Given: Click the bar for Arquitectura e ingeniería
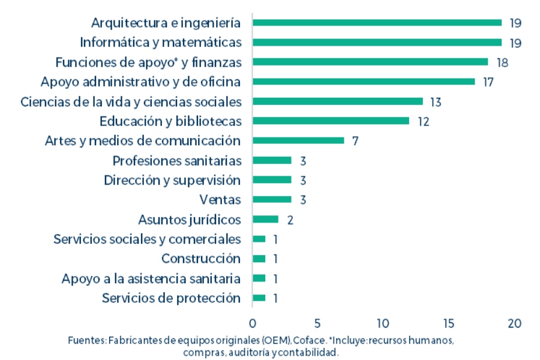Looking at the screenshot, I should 377,23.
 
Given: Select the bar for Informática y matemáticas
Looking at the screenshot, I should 377,43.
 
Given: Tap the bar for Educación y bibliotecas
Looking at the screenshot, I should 331,121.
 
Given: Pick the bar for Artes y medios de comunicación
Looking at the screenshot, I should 298,140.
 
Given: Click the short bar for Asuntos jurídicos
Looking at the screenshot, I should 265,220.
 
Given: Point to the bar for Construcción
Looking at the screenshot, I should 259,259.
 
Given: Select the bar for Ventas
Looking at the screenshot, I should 272,200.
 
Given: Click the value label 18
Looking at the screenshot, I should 502,62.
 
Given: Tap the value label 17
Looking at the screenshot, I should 488,82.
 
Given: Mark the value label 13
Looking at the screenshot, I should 436,102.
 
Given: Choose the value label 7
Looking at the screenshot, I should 355,142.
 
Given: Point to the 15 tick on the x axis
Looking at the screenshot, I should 448,323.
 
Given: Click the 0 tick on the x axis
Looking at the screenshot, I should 253,323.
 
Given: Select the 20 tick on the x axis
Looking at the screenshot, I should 514,323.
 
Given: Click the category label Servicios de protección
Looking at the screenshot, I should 171,298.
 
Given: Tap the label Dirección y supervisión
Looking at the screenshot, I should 172,180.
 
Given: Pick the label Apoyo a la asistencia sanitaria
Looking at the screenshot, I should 151,278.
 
